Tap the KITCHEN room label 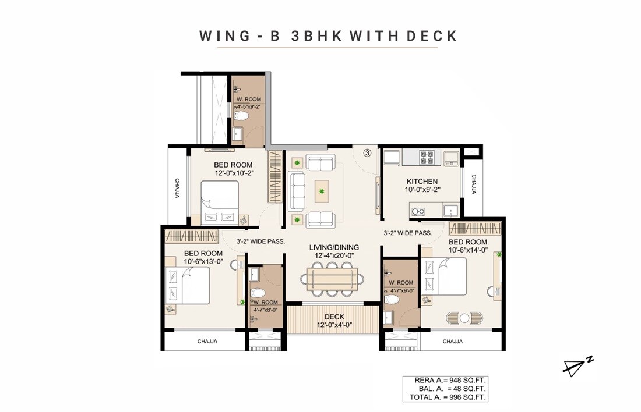[x=422, y=182]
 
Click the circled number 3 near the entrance [x=367, y=153]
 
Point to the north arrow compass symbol [x=577, y=365]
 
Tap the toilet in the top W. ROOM [x=244, y=116]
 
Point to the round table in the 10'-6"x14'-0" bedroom [x=464, y=318]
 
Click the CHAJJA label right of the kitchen [x=474, y=184]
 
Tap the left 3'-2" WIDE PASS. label [x=260, y=241]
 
